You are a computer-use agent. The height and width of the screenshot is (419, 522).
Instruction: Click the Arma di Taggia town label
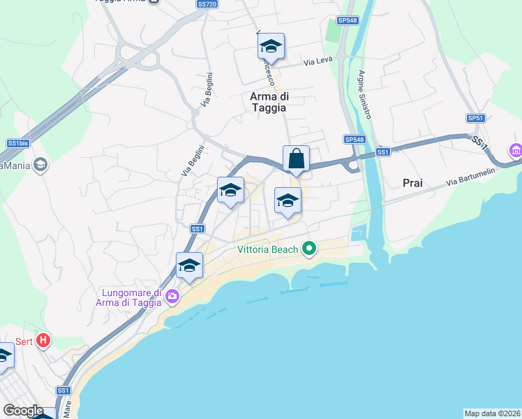point(269,102)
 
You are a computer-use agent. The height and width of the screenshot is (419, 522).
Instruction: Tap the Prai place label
point(412,183)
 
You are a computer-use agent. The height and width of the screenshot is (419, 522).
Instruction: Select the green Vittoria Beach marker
point(308,248)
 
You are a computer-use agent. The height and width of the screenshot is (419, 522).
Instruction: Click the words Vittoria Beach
point(268,249)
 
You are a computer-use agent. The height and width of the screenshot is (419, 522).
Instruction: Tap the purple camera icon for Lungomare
point(172,298)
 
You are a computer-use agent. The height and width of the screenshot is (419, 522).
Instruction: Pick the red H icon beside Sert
point(43,341)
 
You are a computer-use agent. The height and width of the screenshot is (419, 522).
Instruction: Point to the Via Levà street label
point(318,63)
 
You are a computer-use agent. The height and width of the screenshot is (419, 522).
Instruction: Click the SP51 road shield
point(475,119)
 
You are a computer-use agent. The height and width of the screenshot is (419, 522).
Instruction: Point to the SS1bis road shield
point(16,143)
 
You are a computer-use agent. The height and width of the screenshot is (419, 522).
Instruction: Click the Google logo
point(23,410)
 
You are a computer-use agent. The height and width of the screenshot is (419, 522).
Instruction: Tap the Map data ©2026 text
point(493,413)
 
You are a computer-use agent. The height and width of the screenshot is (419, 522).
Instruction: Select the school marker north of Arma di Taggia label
point(270,47)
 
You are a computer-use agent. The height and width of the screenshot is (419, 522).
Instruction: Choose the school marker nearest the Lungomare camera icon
point(188,265)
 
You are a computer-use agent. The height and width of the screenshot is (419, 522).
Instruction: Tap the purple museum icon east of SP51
point(516,150)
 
